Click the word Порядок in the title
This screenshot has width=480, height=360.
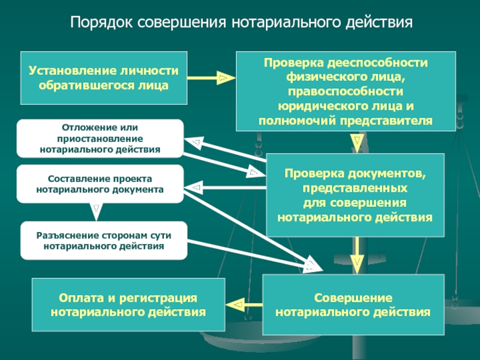(101, 22)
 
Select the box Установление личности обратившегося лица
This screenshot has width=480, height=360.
(104, 78)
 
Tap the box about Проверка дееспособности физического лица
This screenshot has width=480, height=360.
(346, 91)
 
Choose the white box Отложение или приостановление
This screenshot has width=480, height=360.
(100, 139)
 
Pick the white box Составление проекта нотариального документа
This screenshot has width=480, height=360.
(100, 184)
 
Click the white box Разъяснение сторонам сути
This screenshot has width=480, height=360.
(104, 241)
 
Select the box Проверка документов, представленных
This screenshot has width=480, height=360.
(355, 196)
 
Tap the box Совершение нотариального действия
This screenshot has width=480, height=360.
(353, 305)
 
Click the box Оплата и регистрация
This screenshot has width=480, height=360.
(128, 305)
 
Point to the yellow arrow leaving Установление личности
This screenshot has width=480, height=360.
(212, 78)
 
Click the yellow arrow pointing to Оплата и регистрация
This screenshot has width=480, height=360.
(244, 305)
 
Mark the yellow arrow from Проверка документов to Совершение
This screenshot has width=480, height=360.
(356, 256)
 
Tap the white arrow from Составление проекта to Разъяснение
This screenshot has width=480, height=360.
(97, 212)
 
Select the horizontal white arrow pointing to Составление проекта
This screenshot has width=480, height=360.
(225, 187)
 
